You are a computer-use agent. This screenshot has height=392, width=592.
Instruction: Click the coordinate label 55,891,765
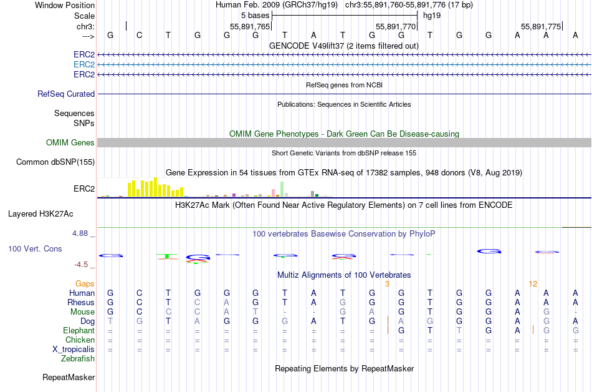pos(250,26)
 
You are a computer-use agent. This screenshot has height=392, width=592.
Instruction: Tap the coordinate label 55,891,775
pos(541,26)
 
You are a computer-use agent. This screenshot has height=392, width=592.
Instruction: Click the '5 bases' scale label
pos(255,16)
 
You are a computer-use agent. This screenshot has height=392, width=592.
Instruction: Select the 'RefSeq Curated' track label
pos(66,94)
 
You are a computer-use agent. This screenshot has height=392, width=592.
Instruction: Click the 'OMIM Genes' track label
pos(70,143)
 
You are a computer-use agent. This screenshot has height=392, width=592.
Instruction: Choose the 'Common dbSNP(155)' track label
pos(55,162)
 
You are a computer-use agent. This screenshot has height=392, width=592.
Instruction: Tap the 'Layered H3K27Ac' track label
pos(41,213)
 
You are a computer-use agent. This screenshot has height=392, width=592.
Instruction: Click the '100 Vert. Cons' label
pos(35,248)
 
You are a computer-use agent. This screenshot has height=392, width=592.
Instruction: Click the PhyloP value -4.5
pos(81,264)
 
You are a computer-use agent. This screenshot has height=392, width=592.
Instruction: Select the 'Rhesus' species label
pos(81,302)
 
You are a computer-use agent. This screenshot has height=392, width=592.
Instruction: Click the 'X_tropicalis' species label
pos(74,349)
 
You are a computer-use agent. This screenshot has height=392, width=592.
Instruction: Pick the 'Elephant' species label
pos(79,330)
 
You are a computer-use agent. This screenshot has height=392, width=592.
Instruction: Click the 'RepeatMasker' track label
pos(69,378)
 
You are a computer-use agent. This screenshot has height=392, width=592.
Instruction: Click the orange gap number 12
pos(533,283)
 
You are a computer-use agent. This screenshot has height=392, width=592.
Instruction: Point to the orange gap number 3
pos(387,283)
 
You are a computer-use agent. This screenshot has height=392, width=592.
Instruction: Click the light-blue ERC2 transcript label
pos(84,64)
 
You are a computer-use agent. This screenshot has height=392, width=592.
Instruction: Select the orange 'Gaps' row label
pos(85,283)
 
